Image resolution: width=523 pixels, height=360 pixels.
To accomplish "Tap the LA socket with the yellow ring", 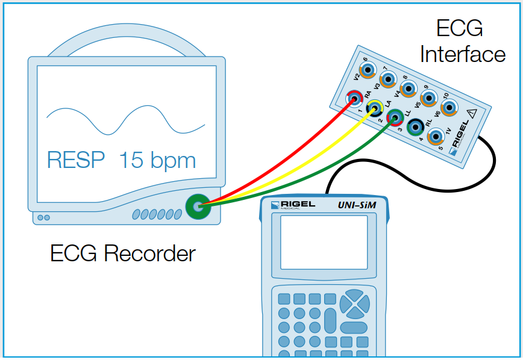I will [x=374, y=108].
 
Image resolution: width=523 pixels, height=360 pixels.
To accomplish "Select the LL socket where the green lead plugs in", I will [x=395, y=117].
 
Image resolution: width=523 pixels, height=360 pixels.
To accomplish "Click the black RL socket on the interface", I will [x=415, y=127].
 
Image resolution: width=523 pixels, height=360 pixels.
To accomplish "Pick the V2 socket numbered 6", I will [x=367, y=68].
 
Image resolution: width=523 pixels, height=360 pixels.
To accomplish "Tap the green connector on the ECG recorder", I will [x=195, y=206].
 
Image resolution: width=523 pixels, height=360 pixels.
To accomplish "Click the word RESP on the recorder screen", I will [x=75, y=161].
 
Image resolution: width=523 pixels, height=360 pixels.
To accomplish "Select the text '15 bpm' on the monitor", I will [x=157, y=161].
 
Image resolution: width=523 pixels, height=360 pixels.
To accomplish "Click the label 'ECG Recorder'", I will [x=123, y=253].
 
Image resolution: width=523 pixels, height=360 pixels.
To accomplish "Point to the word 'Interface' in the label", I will [x=462, y=55].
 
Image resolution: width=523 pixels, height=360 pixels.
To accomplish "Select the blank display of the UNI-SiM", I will [x=324, y=242].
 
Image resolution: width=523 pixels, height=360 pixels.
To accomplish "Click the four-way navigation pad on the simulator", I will [x=354, y=303].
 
